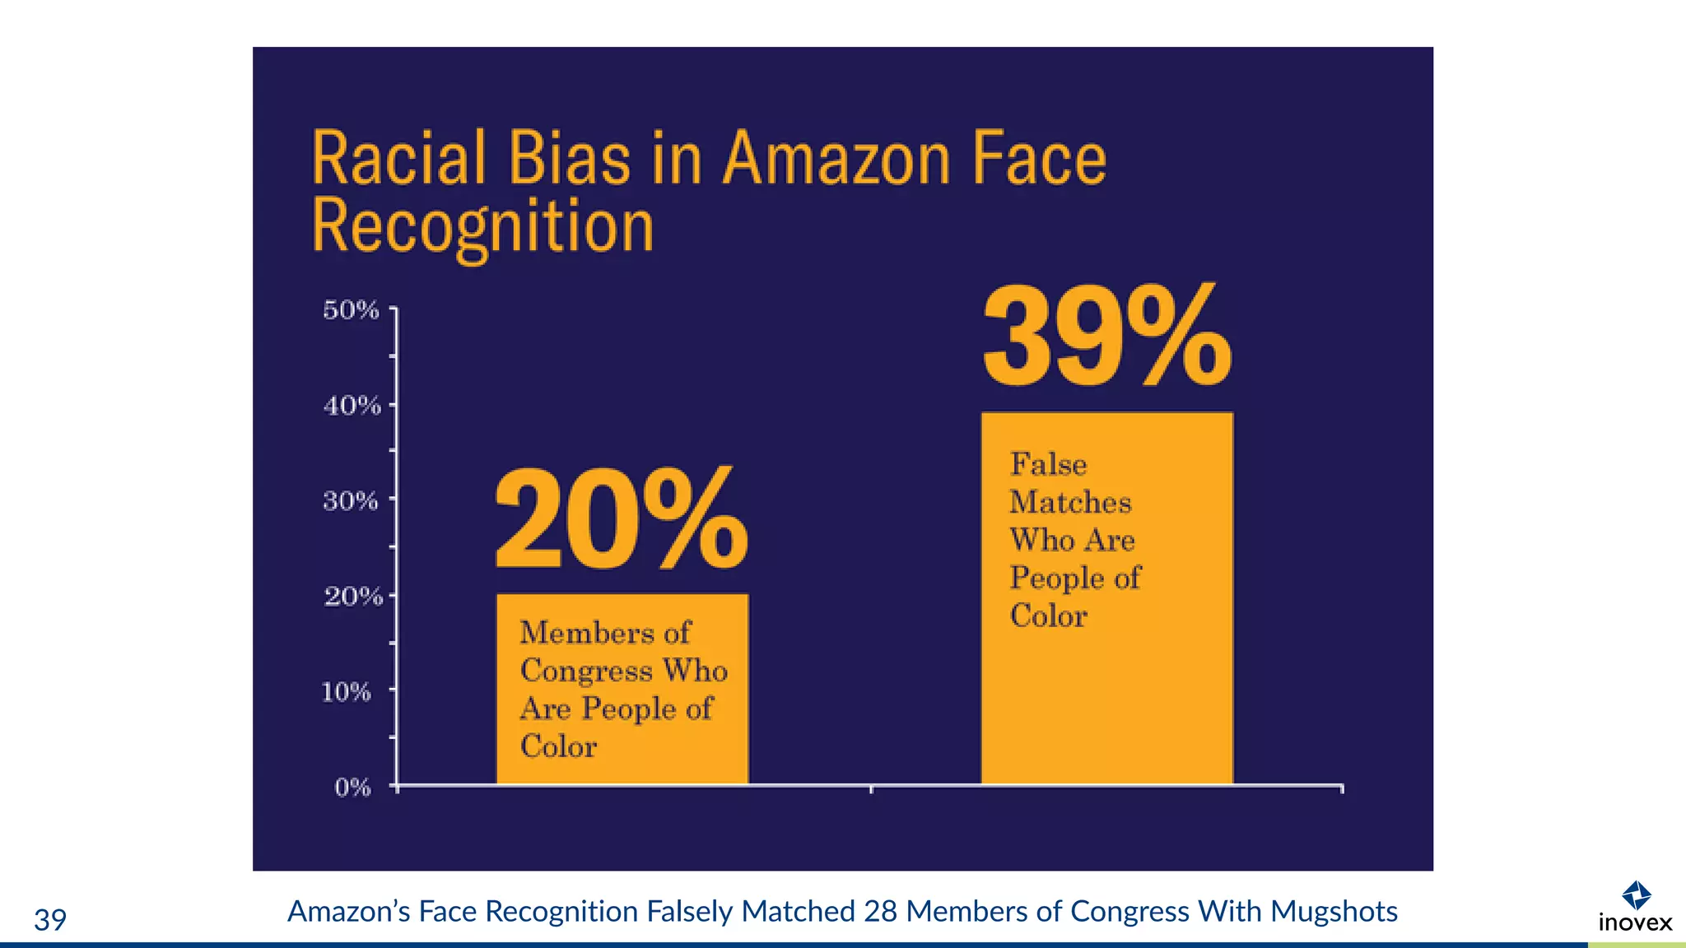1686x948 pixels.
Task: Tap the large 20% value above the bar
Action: (x=622, y=518)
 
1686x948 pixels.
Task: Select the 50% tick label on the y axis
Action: (x=351, y=310)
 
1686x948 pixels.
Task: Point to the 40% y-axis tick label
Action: (x=352, y=405)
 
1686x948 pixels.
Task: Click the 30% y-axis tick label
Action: (x=351, y=500)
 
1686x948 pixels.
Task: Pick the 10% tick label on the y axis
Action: (x=347, y=691)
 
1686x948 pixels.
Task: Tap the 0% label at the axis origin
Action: (x=352, y=788)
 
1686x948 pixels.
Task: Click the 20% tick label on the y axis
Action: (x=353, y=596)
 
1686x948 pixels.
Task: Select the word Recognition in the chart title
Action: (x=483, y=226)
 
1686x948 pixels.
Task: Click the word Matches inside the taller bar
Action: (x=1070, y=502)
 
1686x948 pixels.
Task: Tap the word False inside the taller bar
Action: (x=1049, y=464)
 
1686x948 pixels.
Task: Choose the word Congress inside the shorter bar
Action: (x=586, y=671)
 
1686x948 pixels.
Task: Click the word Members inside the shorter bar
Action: (x=586, y=633)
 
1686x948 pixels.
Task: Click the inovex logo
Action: (x=1635, y=908)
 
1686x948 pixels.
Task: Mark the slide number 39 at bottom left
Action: (x=50, y=919)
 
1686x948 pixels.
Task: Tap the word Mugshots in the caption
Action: (x=1334, y=912)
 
